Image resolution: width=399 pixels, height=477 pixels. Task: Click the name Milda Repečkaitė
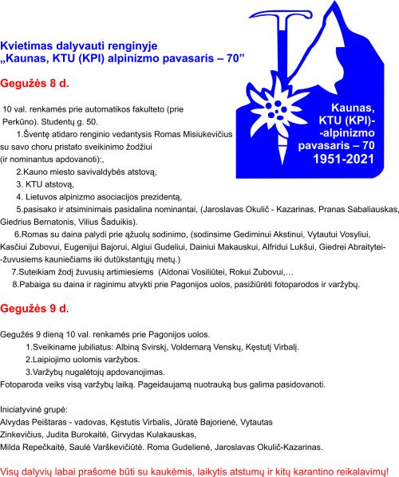[x=37, y=446]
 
